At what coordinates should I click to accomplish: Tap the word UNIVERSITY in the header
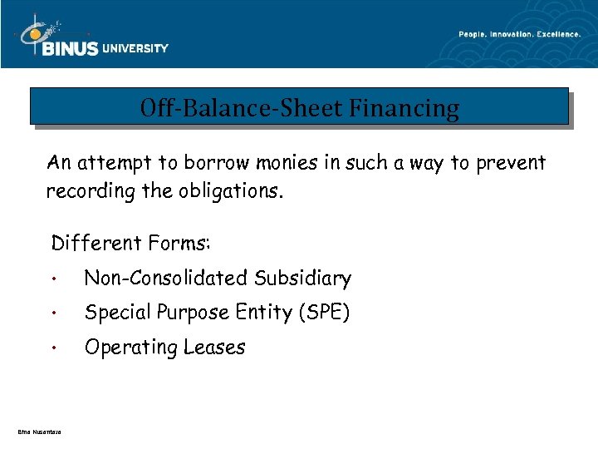pos(135,48)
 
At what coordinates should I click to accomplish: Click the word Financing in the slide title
pos(404,108)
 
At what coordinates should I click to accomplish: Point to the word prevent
pos(510,162)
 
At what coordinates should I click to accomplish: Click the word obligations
pos(228,191)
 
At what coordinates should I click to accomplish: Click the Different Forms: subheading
pos(131,244)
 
